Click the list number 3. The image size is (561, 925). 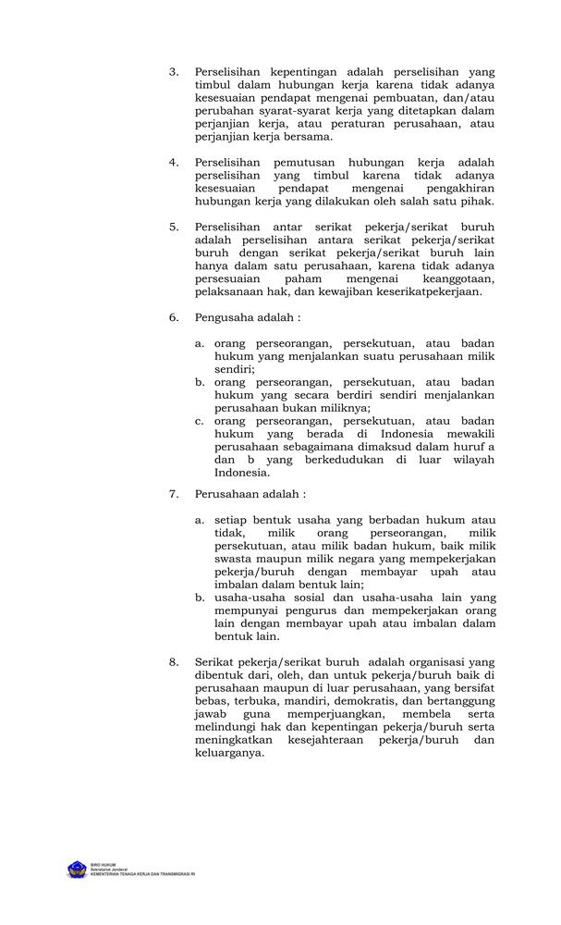tap(173, 71)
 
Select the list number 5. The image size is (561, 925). tap(173, 226)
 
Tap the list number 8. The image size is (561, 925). tap(173, 662)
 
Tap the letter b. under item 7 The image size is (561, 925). tap(199, 598)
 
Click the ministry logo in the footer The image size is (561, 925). tap(76, 869)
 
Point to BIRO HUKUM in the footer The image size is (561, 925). tap(104, 863)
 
